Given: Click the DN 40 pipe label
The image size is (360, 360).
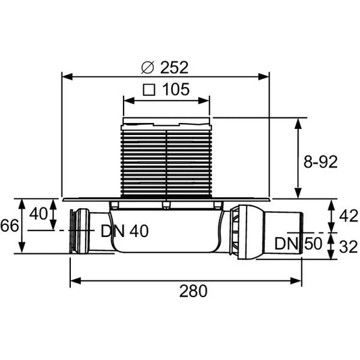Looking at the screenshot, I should (124, 230).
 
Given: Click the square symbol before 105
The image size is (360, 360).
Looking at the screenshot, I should (149, 89).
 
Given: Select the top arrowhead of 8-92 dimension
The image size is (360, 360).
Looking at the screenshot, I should (298, 122).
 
